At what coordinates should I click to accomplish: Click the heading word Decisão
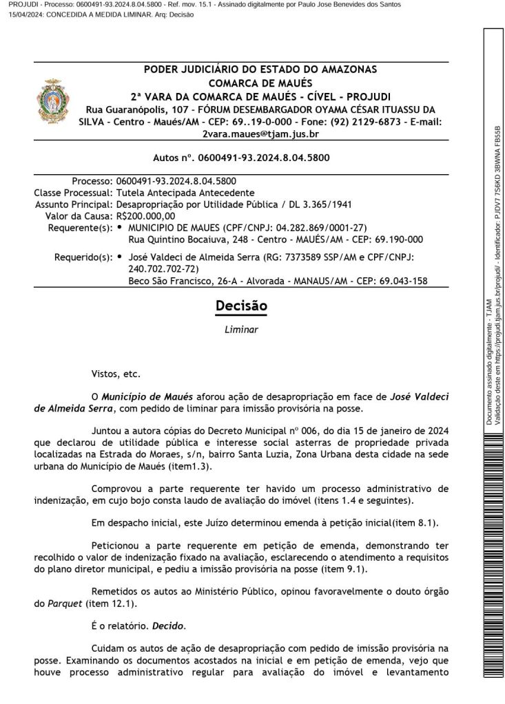[241, 306]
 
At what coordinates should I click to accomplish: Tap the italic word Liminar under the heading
[241, 330]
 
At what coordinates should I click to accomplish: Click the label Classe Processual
[73, 193]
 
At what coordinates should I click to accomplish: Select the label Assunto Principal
[74, 204]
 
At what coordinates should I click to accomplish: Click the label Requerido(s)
[83, 257]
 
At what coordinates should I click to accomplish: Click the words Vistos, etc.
[116, 374]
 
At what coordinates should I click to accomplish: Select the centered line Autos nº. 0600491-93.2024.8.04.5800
[241, 158]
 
